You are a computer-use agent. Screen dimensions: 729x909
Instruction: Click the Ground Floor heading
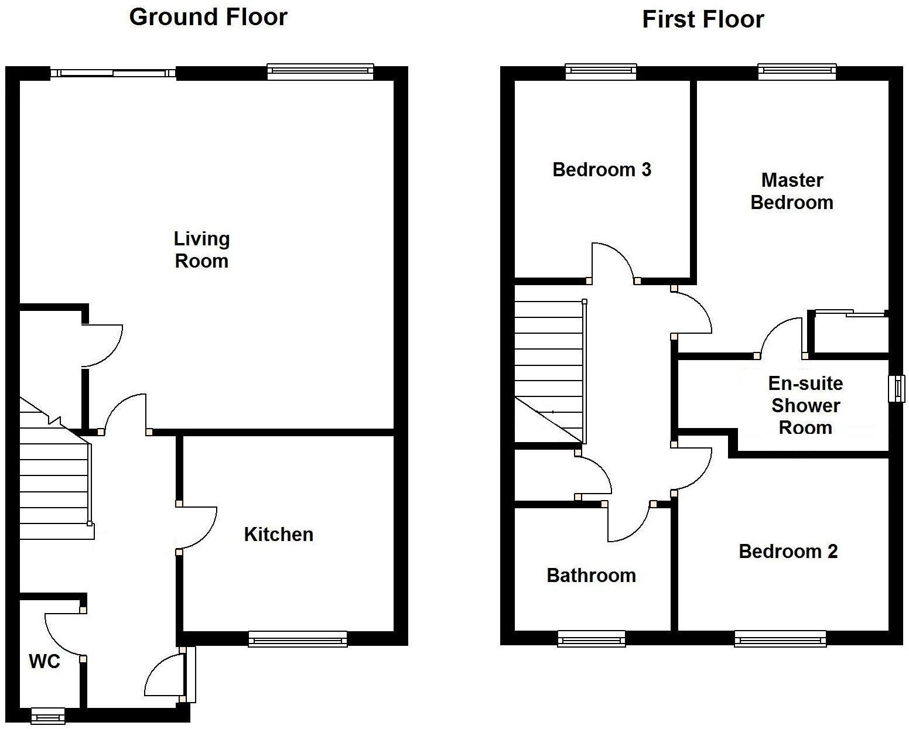pos(208,17)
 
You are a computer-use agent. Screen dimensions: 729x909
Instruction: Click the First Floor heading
pos(703,19)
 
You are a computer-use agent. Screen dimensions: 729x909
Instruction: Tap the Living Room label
pos(201,249)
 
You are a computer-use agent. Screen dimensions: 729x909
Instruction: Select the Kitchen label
pos(278,534)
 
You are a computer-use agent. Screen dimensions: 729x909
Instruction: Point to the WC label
pos(45,661)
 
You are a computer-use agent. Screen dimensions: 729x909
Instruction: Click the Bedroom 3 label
pos(602,170)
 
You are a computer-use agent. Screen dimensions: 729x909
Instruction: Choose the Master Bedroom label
pos(792,191)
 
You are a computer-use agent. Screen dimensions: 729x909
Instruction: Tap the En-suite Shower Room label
pos(805,405)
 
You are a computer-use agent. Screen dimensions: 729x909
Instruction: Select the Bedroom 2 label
pos(788,551)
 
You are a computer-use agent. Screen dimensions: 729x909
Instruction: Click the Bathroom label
pos(591,575)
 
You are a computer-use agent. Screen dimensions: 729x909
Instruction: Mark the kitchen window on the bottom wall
pos(298,639)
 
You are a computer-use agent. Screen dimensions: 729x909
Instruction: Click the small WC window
pos(47,716)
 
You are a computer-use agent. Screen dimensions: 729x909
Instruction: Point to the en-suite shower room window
pos(896,388)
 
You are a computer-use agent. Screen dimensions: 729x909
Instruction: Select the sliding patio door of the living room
pos(113,73)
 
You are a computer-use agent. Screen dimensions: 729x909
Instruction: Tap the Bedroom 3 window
pos(601,71)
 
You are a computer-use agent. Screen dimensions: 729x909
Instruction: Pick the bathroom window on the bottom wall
pos(591,639)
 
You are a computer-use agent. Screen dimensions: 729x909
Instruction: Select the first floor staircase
pos(549,369)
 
